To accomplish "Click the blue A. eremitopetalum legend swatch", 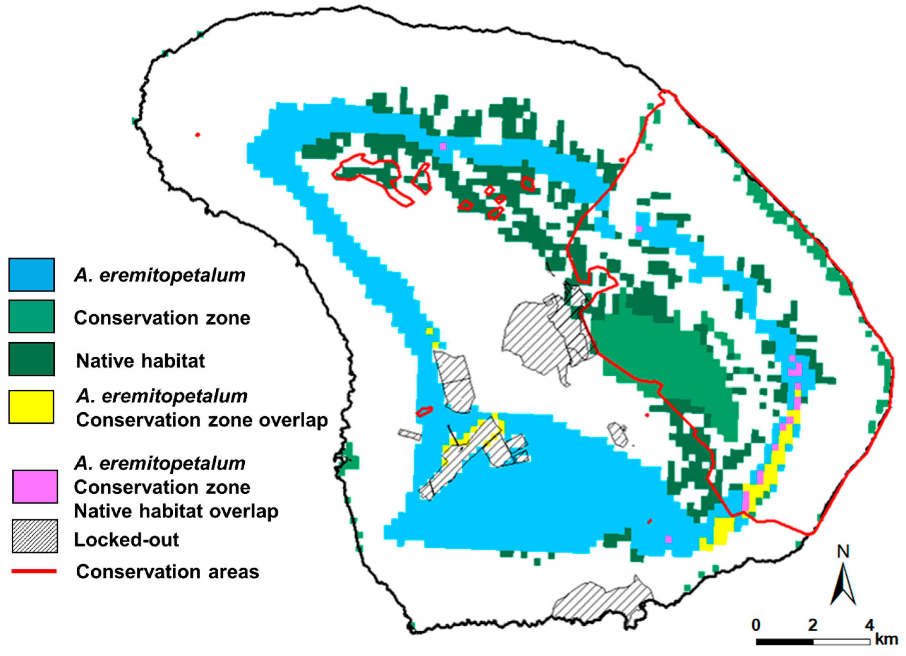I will pyautogui.click(x=31, y=274).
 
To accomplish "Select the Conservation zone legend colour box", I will pyautogui.click(x=31, y=316).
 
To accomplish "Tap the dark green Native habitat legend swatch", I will pyautogui.click(x=31, y=359).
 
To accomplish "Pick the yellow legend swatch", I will pyautogui.click(x=31, y=407).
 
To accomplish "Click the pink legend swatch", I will pyautogui.click(x=35, y=487).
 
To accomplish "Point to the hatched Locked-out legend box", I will pyautogui.click(x=35, y=536).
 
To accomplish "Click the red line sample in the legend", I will pyautogui.click(x=34, y=572).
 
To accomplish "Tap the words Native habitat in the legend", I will pyautogui.click(x=140, y=361).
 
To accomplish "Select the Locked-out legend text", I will pyautogui.click(x=126, y=540).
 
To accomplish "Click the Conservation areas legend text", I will pyautogui.click(x=168, y=572).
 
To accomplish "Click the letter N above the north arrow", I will pyautogui.click(x=843, y=552).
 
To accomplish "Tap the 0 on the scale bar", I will pyautogui.click(x=755, y=625).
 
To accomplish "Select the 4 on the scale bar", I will pyautogui.click(x=869, y=625).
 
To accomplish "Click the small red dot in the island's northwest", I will pyautogui.click(x=197, y=135).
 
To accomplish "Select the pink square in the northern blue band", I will pyautogui.click(x=442, y=146).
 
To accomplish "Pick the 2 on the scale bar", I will pyautogui.click(x=813, y=625).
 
